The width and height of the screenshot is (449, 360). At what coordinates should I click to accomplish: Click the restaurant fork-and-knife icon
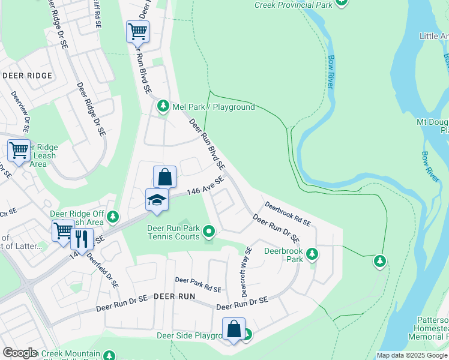[82, 239]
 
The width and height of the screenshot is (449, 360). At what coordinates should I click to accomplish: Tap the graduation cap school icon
[157, 200]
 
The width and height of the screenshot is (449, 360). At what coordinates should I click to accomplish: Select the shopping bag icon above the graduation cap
[164, 177]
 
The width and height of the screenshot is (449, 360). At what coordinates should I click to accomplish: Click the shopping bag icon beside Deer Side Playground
[234, 329]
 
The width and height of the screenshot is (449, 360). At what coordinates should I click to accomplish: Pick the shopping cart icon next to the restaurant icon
[62, 230]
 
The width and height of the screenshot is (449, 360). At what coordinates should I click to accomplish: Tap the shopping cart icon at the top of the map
[137, 31]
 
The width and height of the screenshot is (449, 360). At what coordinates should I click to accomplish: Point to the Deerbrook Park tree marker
[312, 254]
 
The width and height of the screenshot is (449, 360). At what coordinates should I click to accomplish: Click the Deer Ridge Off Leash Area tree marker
[113, 217]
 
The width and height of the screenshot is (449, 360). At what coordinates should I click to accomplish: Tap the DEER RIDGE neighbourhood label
[27, 76]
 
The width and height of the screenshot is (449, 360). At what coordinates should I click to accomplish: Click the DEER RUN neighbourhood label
[174, 297]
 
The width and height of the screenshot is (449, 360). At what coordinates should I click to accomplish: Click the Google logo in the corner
[20, 353]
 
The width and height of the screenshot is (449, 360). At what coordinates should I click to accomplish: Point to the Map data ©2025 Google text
[412, 355]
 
